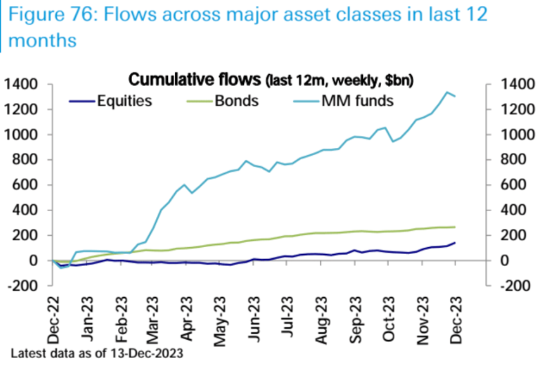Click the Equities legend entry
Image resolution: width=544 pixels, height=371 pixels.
click(x=124, y=101)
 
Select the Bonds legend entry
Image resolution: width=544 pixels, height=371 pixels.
click(x=236, y=101)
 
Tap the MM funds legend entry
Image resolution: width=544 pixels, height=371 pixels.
click(x=357, y=101)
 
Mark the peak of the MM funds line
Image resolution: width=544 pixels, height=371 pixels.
click(x=446, y=92)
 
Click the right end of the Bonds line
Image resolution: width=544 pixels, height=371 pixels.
click(x=454, y=227)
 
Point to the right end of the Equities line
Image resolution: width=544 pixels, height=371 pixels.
click(x=454, y=243)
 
